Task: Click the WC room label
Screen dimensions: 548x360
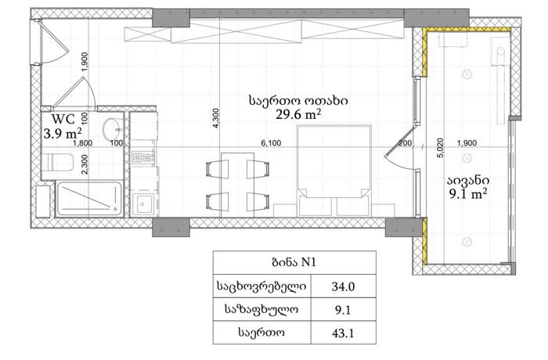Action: click(63, 119)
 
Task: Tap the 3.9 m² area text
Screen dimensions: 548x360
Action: click(63, 133)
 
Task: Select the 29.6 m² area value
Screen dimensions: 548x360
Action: click(298, 114)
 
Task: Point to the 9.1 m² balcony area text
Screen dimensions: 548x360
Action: click(468, 193)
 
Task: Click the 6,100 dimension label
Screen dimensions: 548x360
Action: click(271, 143)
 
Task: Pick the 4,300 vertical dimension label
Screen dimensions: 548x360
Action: click(215, 118)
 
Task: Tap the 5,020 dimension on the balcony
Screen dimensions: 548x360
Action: click(440, 147)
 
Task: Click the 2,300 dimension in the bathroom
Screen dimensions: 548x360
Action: click(85, 164)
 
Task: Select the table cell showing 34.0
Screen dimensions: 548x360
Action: click(343, 286)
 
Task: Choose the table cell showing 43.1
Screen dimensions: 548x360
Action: click(343, 333)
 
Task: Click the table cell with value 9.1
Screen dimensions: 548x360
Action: click(343, 310)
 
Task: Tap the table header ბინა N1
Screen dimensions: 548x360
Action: click(294, 262)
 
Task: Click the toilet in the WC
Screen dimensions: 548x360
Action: click(57, 162)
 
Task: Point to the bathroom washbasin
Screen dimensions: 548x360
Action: click(114, 129)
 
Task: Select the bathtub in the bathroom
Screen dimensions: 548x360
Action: click(89, 199)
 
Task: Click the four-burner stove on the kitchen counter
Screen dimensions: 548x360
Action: click(143, 157)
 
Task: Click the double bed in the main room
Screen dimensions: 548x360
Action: click(333, 171)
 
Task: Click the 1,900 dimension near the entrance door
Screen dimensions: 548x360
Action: click(85, 62)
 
